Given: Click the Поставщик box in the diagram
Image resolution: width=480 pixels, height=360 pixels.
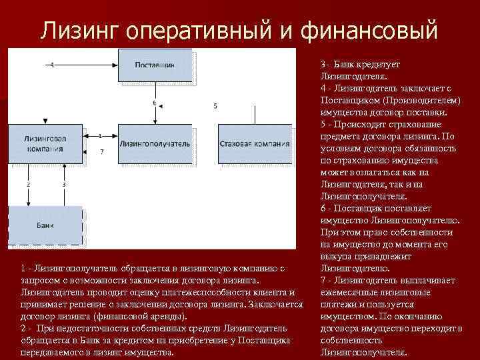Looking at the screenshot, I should [155, 65].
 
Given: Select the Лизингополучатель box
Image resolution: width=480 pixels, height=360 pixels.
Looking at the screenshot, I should [155, 143].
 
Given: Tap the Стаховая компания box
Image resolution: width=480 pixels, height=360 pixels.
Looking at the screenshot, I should [255, 143].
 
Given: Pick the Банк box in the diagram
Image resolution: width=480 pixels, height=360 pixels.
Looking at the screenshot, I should [45, 226].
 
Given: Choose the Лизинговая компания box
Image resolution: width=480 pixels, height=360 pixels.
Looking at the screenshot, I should [45, 143].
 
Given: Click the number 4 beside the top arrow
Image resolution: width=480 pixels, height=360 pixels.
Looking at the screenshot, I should [52, 64].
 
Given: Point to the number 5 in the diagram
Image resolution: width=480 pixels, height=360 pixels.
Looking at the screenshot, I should [215, 106].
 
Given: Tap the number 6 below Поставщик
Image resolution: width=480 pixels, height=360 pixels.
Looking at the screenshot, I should [154, 103].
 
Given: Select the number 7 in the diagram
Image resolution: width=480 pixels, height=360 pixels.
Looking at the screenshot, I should [101, 153].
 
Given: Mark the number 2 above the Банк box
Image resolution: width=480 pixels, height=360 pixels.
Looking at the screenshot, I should [28, 183].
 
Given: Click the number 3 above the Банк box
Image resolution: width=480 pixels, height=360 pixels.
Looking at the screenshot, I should [64, 183].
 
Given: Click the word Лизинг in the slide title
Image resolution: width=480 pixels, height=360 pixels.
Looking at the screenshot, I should [79, 30].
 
